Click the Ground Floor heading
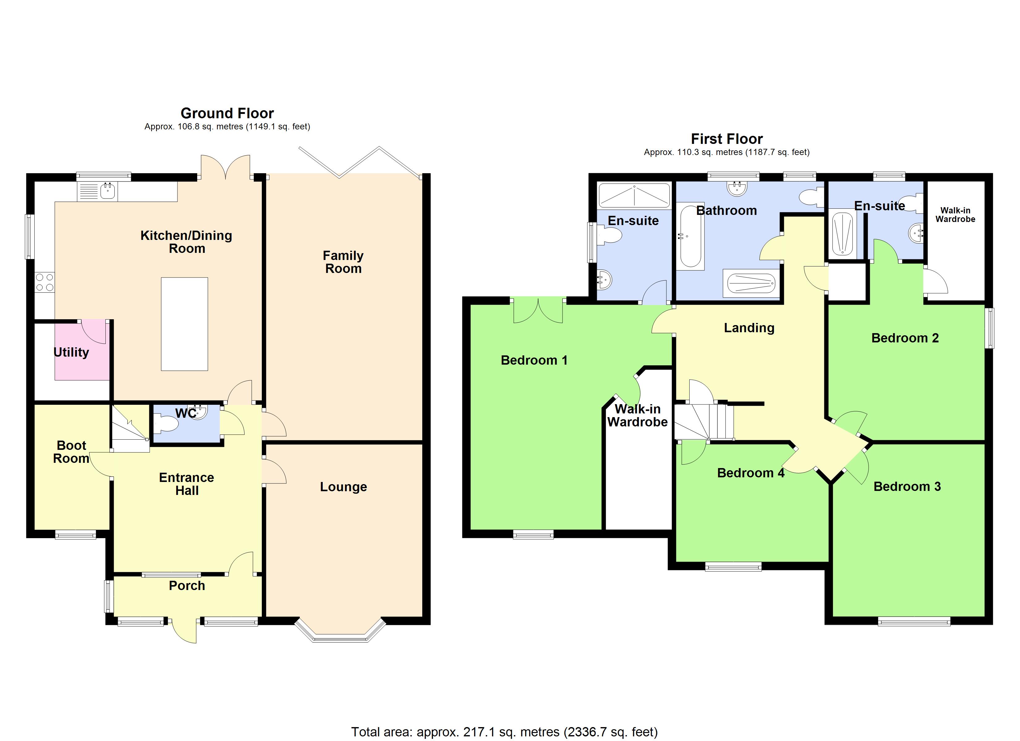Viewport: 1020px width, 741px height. click(227, 113)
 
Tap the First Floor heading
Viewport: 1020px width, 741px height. click(726, 139)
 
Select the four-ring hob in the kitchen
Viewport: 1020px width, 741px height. click(45, 282)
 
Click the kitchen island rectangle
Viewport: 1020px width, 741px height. click(185, 324)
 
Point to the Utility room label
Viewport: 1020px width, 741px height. click(71, 352)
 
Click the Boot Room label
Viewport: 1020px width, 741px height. click(71, 452)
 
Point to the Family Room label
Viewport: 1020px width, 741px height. click(343, 262)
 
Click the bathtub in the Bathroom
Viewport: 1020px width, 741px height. click(690, 236)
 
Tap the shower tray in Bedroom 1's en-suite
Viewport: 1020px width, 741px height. click(634, 195)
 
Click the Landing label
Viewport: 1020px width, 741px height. click(749, 328)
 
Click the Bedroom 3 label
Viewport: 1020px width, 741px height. click(907, 487)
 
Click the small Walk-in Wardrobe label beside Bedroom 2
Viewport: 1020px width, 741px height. click(955, 215)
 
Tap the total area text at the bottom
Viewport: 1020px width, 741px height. click(504, 732)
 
